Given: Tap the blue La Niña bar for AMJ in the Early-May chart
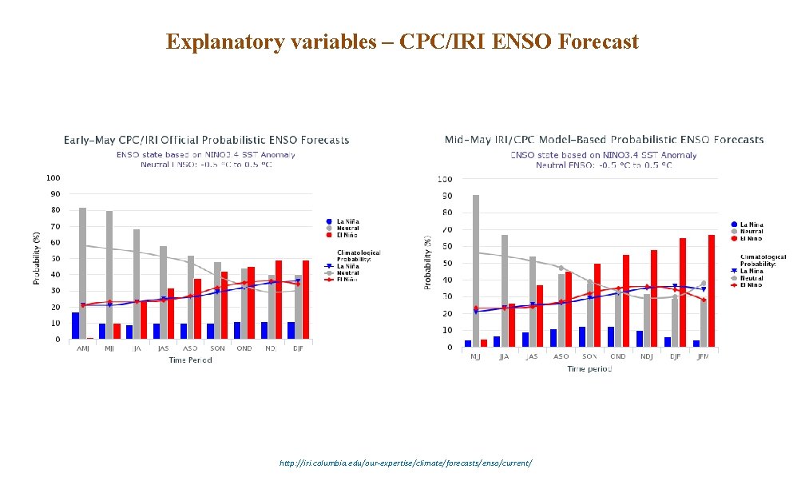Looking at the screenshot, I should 75,326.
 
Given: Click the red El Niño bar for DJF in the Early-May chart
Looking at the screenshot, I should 305,300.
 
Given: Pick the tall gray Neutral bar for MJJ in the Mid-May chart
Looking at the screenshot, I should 476,271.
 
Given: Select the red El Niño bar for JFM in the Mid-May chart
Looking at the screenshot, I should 711,291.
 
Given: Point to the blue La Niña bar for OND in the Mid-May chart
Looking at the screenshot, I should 611,336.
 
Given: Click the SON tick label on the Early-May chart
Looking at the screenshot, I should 216,349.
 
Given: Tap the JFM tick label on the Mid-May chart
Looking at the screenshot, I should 703,357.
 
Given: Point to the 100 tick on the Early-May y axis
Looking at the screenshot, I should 53,177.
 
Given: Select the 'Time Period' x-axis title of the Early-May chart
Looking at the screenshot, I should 189,360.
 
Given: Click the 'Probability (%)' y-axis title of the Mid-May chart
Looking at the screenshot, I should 427,260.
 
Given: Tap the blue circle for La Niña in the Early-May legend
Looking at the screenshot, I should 328,221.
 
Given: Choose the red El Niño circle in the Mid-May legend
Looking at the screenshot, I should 733,238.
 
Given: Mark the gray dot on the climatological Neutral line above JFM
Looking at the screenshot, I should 704,283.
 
